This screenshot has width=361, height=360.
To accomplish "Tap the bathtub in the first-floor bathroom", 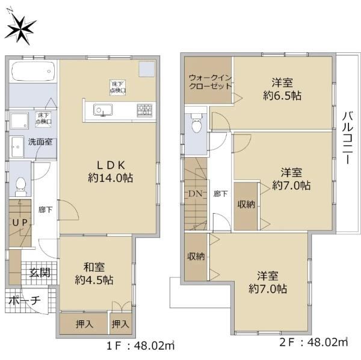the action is click(33, 71).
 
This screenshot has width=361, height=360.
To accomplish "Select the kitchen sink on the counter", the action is click(103, 110).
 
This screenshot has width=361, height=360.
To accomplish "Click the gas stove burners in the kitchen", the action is click(144, 110).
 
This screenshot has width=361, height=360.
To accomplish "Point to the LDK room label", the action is click(111, 172).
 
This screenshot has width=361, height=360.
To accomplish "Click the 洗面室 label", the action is click(40, 141).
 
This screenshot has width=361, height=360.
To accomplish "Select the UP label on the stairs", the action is click(20, 223).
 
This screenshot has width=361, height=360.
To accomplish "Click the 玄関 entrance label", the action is click(40, 273).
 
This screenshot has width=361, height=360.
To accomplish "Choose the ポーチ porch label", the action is click(25, 300).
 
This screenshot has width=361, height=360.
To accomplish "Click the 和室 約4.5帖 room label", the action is click(94, 274).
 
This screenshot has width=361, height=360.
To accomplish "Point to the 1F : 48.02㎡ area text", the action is click(140, 346).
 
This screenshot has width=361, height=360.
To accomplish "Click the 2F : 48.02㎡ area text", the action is click(313, 342).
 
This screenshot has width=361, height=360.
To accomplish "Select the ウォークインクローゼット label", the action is click(210, 82).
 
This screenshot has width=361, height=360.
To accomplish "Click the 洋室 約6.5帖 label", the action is click(282, 89).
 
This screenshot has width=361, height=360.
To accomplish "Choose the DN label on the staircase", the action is click(196, 194).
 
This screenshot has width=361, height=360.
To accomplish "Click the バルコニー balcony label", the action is click(347, 138).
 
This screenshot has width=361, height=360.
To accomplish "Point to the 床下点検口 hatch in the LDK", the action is click(117, 87).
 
